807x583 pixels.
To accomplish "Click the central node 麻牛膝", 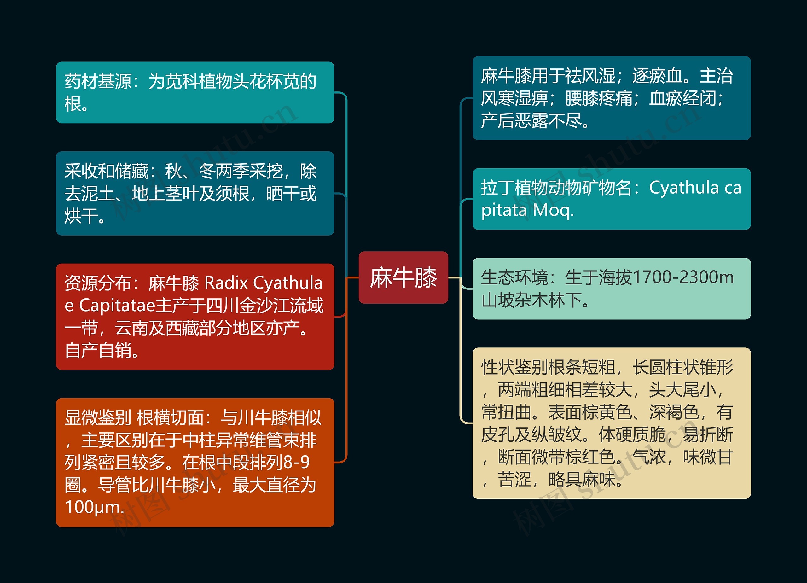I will pos(403,277).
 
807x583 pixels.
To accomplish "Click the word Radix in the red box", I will pos(226,283).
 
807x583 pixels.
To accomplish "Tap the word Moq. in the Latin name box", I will pos(553,210).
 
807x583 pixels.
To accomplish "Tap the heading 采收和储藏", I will pos(106,171).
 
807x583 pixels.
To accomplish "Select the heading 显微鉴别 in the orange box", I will pos(97,417).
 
